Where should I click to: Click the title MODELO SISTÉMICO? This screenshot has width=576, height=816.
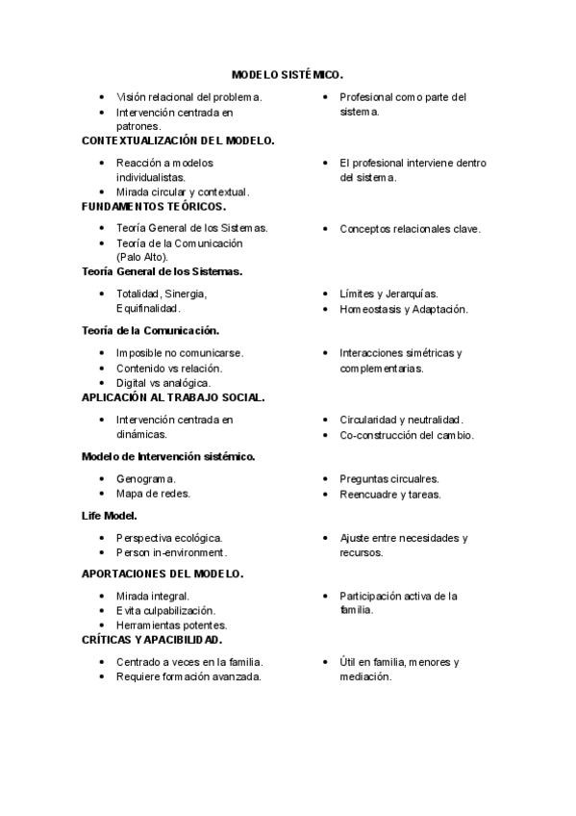pos(288,74)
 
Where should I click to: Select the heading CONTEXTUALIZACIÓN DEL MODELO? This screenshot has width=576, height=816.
pos(178,140)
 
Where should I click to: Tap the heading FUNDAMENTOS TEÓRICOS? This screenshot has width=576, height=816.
pos(154,206)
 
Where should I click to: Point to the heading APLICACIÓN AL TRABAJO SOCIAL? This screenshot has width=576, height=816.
pos(173,396)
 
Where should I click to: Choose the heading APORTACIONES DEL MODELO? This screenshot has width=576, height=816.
pos(163,574)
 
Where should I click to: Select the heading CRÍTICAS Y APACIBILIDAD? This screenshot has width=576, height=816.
pos(152,639)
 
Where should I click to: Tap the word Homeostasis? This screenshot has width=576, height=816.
pos(369,309)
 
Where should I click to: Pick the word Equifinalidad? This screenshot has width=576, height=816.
pos(148,309)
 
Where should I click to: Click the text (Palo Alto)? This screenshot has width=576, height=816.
pos(142,257)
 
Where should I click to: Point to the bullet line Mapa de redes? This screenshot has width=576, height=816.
pos(153,494)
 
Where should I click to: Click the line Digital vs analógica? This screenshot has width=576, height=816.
pos(163,383)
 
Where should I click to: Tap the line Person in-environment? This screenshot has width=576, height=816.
pos(171,553)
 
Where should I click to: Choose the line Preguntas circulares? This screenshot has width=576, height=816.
pos(389,478)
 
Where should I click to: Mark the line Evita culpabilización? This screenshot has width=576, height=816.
pos(165,611)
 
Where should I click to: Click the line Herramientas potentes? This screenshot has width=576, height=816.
pos(171,625)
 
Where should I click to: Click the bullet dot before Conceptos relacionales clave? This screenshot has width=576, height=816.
pos(327,229)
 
